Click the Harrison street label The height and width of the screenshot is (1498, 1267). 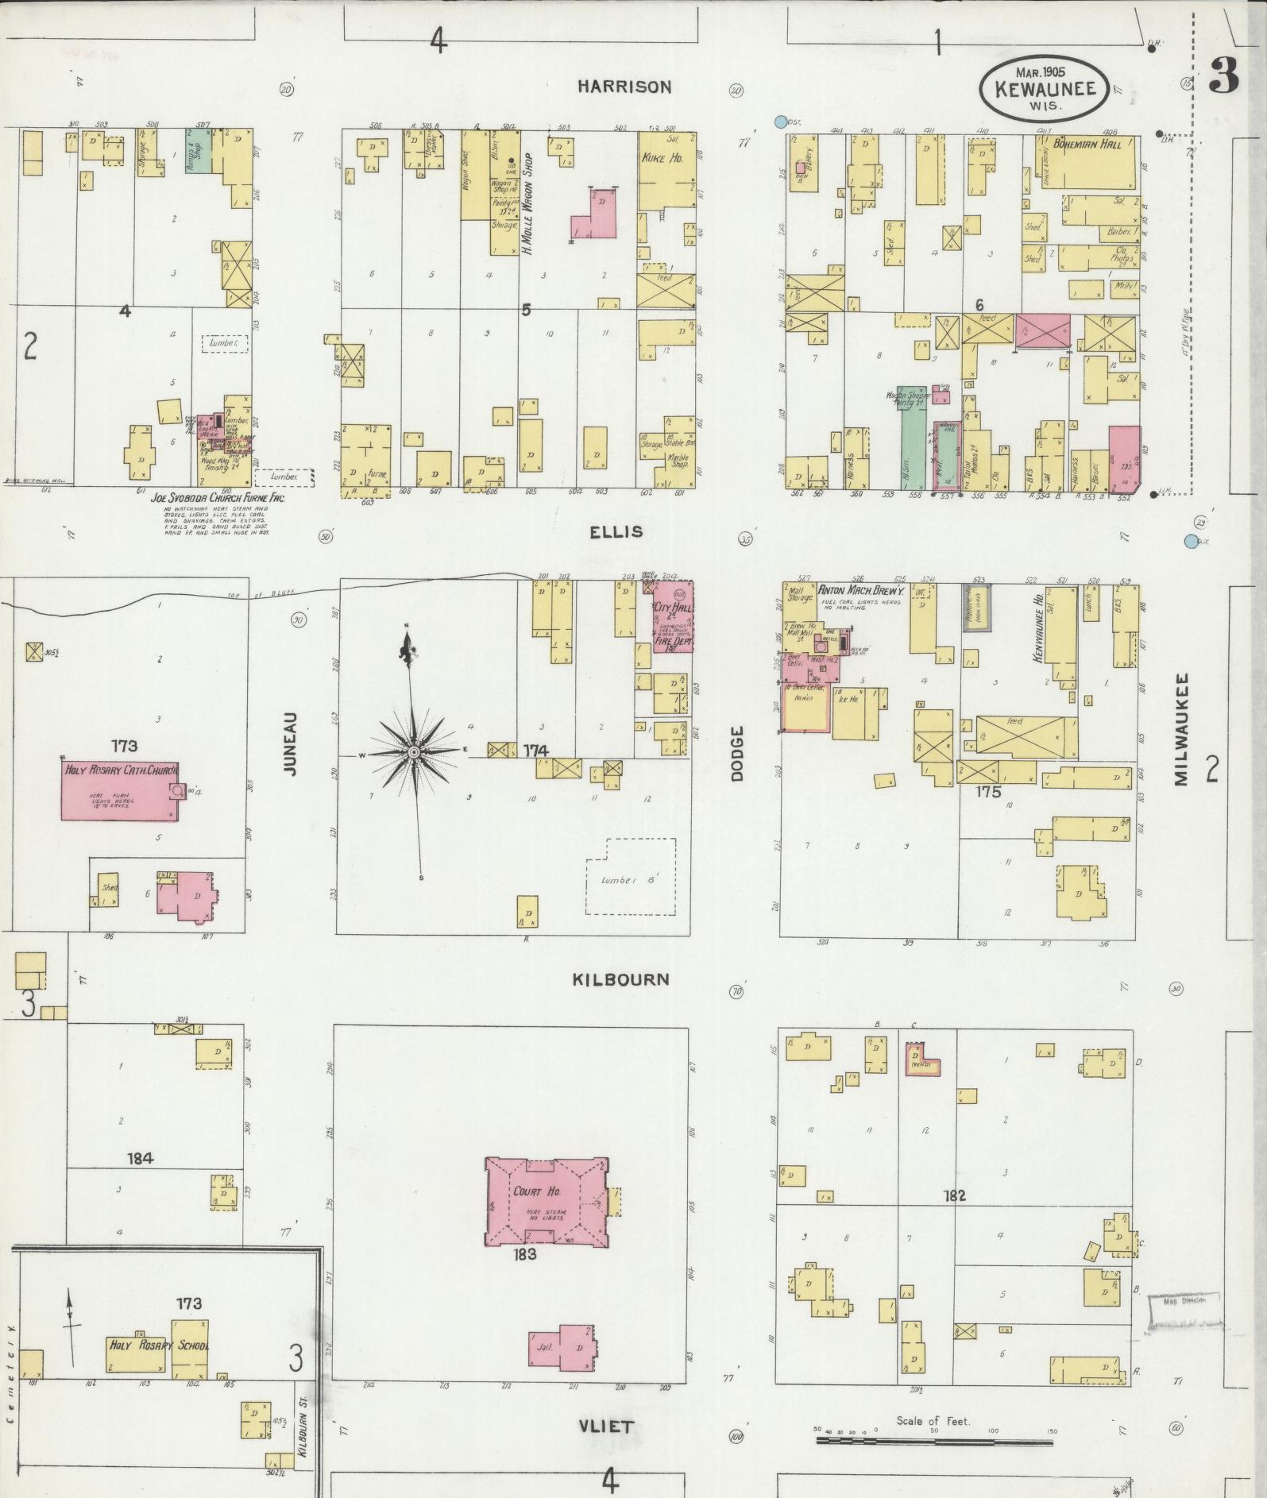624,87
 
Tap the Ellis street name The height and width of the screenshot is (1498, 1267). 616,531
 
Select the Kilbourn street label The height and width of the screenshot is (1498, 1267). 620,979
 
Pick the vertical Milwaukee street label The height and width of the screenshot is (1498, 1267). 1180,730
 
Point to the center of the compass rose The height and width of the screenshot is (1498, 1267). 414,751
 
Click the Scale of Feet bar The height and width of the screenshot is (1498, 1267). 934,1438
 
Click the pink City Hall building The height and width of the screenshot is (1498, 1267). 672,616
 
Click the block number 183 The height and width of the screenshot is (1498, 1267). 525,1255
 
